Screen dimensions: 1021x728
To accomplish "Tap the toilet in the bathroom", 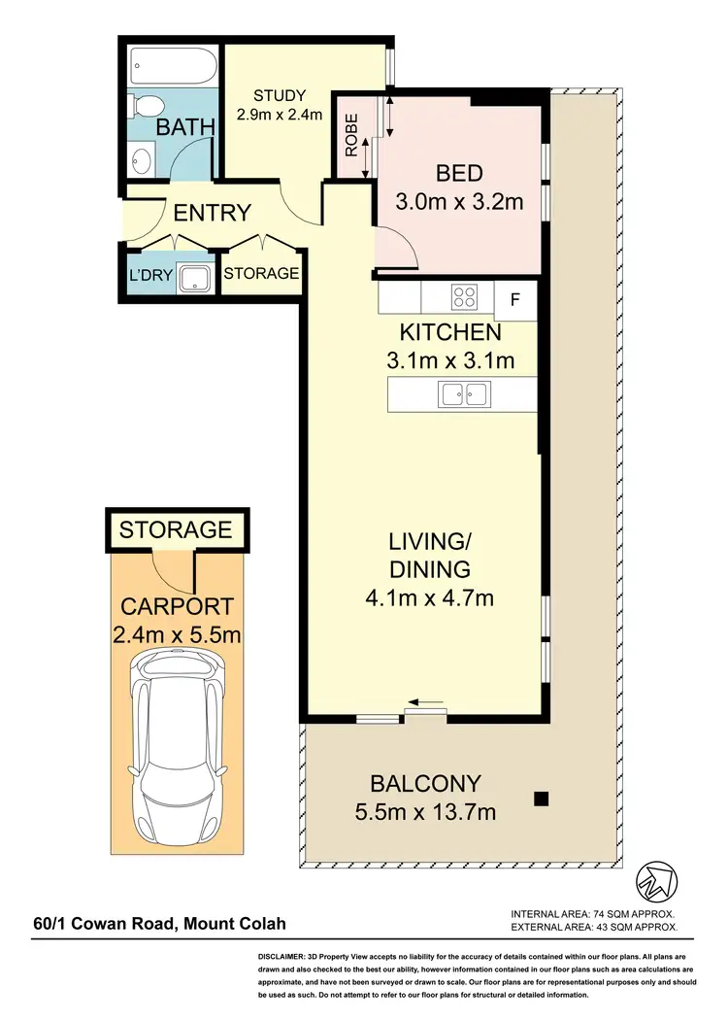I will pos(146,105).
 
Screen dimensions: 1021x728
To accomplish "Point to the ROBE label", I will pos(351,136).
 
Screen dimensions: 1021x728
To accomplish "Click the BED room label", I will pos(459,174).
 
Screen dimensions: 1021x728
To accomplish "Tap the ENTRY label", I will pos(212,213).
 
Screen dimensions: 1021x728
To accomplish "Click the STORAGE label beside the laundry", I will pos(261,274).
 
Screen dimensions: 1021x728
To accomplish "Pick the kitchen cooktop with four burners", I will pos(463,295).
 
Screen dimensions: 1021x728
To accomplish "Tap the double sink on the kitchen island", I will pos(463,394).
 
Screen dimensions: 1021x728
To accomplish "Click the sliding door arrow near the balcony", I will pos(426,702).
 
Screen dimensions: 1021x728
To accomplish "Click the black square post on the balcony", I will pos(542,800).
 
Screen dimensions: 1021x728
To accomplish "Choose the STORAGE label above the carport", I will pos(176,529).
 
